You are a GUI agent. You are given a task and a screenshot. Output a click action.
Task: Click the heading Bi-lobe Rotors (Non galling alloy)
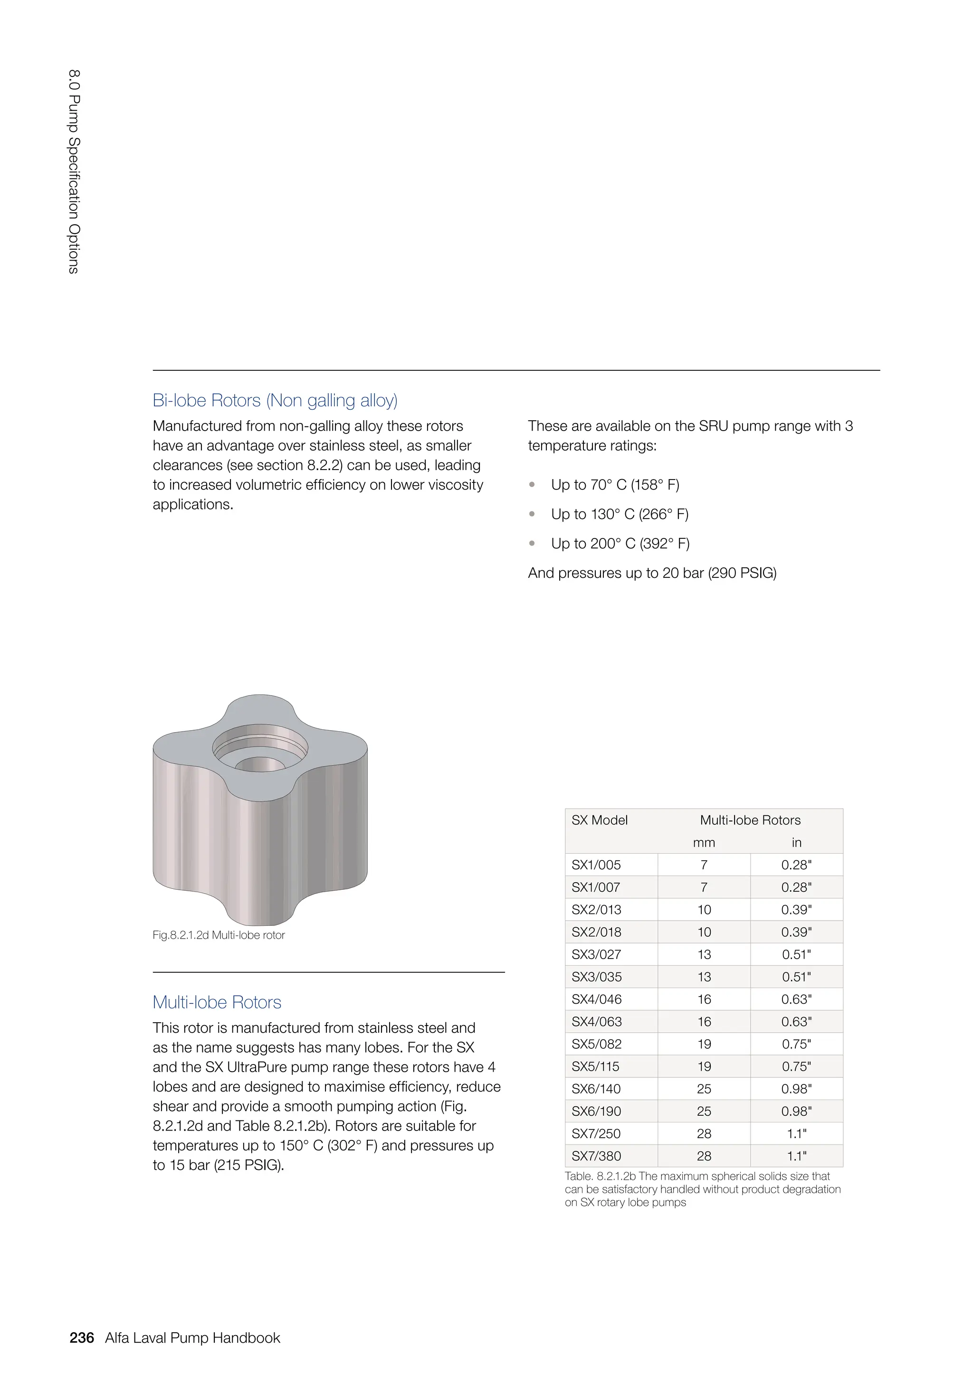click(275, 400)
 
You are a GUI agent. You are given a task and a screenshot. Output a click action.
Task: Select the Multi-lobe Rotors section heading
click(217, 1002)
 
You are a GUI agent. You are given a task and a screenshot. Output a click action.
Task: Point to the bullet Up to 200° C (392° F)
click(620, 543)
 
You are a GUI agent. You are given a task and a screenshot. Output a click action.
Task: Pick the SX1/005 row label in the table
click(596, 865)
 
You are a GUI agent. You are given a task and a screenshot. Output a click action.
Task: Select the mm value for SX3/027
click(704, 955)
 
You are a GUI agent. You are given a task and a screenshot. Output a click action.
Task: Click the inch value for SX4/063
click(796, 1022)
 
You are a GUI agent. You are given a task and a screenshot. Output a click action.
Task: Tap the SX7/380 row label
click(596, 1157)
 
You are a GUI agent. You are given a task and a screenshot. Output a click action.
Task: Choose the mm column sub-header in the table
click(704, 843)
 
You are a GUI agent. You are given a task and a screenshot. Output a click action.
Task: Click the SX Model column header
click(599, 820)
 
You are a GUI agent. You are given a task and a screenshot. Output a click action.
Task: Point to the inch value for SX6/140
click(796, 1089)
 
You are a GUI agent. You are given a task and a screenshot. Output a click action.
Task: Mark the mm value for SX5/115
click(704, 1066)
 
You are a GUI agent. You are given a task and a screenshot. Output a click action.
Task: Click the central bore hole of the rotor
click(260, 764)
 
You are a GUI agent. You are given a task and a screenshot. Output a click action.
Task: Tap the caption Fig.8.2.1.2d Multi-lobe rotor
click(219, 935)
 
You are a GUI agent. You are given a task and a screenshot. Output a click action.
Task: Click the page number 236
click(82, 1338)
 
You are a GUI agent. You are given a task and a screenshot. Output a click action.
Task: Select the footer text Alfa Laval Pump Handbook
click(192, 1338)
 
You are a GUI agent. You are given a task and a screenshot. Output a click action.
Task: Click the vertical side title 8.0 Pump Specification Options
click(74, 172)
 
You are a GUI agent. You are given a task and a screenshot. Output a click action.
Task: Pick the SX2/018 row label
click(596, 932)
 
